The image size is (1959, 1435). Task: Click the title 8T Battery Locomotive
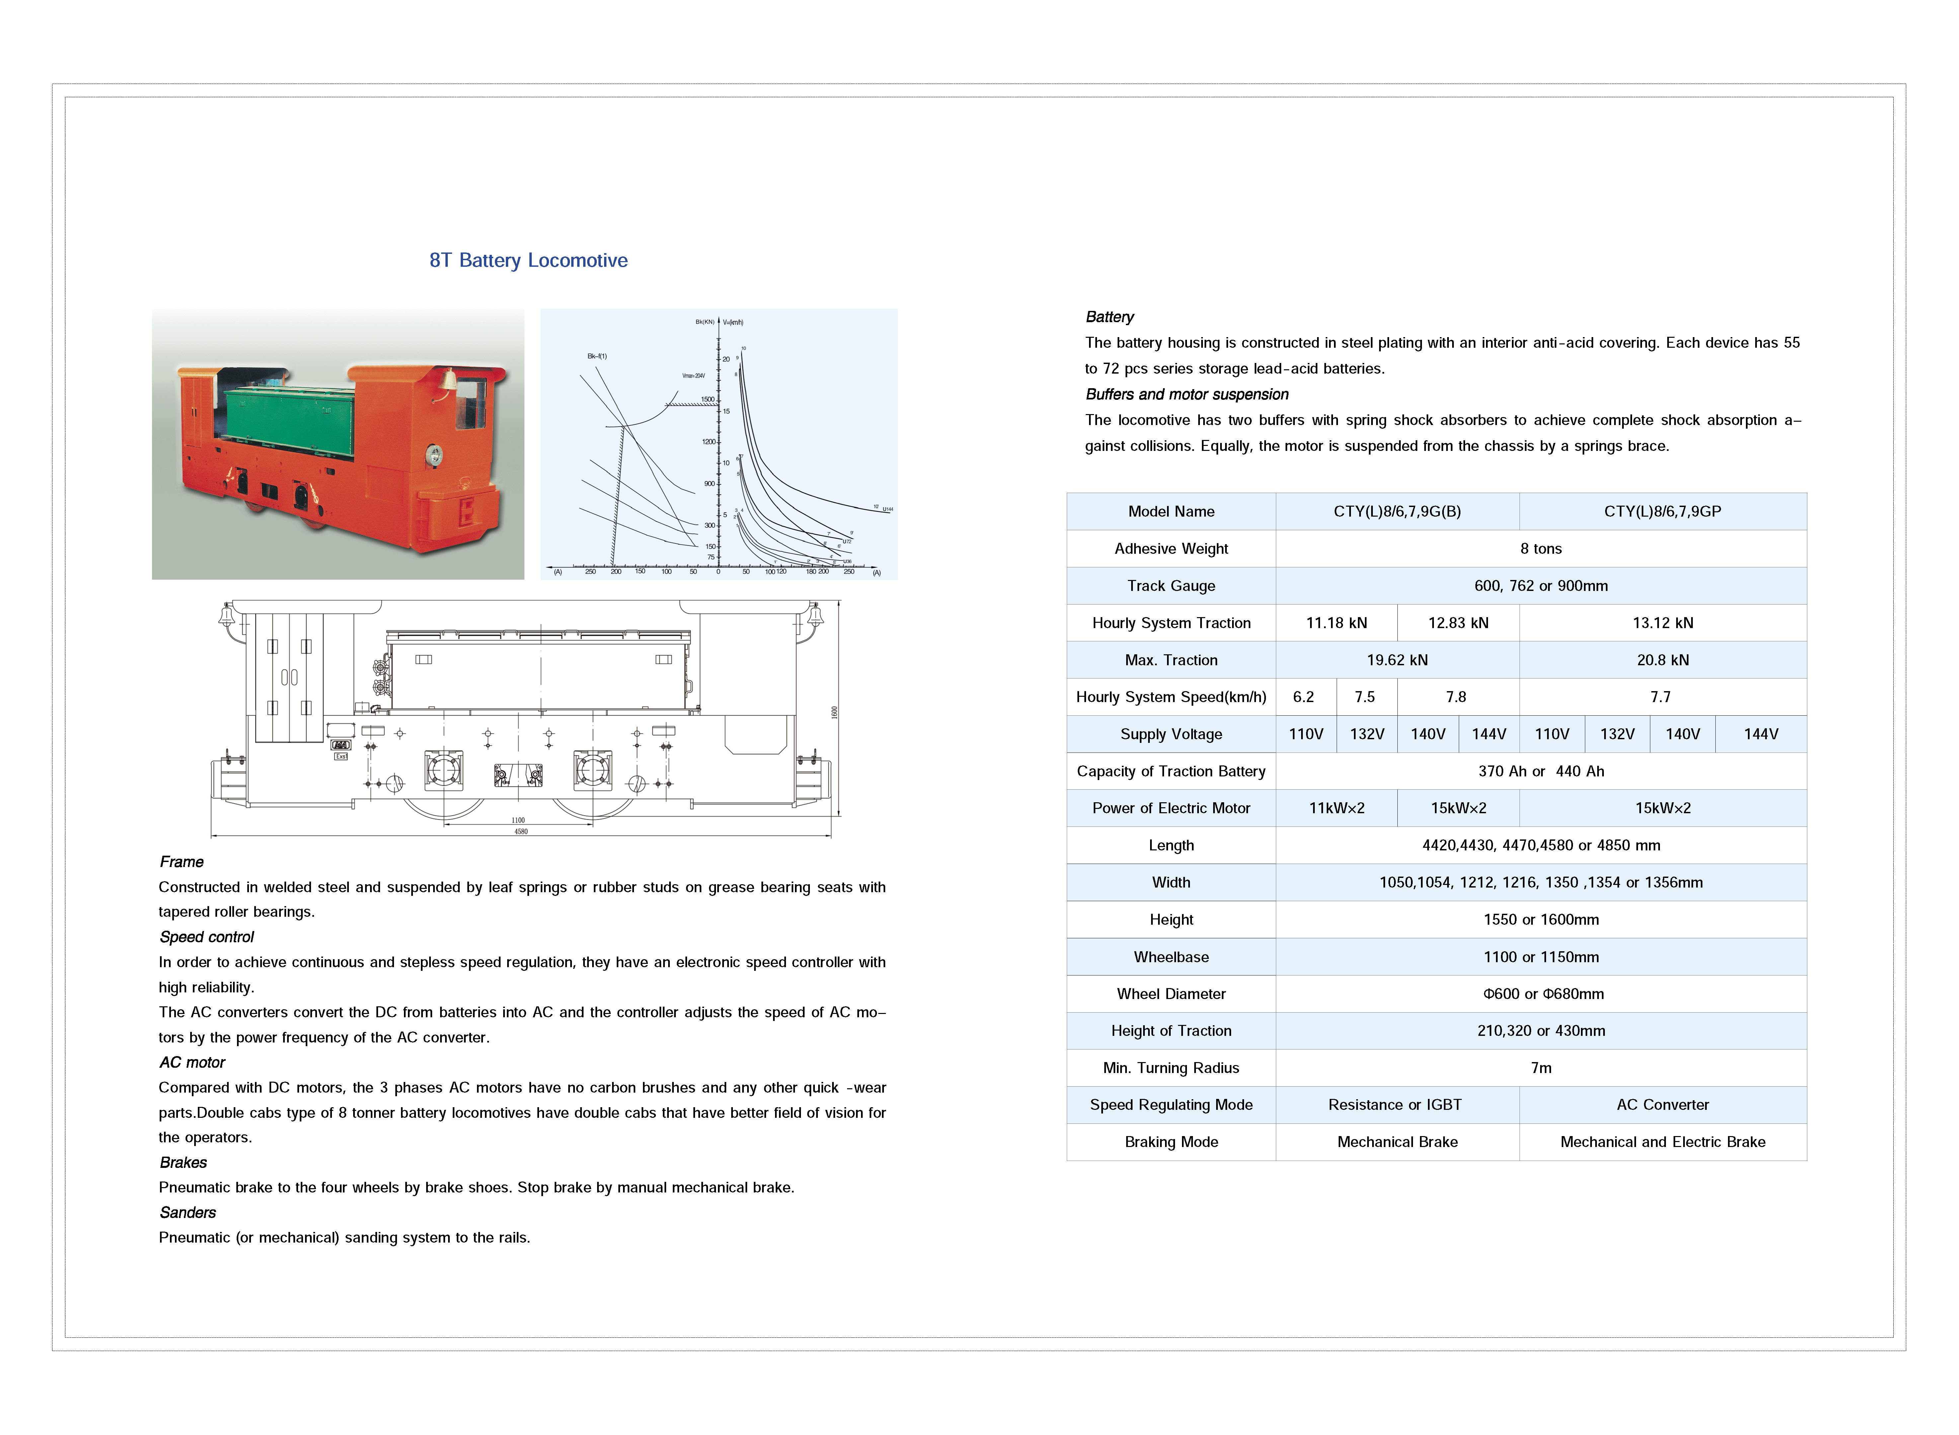point(528,260)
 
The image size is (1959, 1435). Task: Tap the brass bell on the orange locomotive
point(449,380)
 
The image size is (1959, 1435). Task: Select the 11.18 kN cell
point(1336,623)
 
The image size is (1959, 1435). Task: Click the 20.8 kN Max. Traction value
point(1662,660)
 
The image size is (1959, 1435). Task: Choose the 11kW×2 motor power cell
point(1336,808)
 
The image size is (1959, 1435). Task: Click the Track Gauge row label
point(1171,586)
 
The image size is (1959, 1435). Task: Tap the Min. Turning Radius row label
point(1171,1068)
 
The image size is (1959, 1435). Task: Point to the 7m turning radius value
point(1540,1068)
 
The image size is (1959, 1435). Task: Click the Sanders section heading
point(188,1213)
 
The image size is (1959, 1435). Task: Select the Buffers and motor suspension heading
point(1187,395)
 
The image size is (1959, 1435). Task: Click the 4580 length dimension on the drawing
point(520,831)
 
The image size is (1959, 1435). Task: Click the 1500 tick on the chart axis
point(708,399)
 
